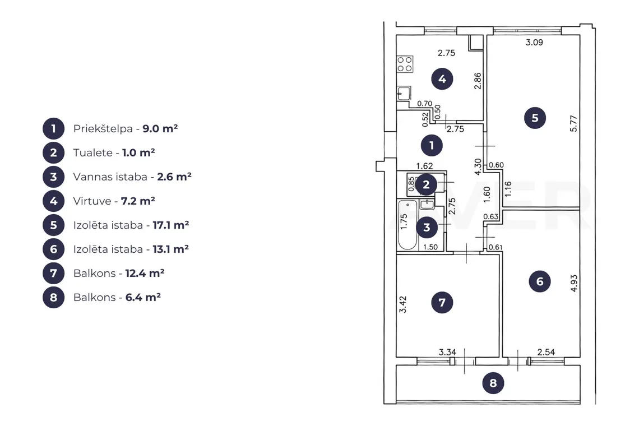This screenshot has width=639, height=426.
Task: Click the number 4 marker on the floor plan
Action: click(x=442, y=79)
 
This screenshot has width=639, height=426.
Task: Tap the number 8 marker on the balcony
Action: click(x=493, y=383)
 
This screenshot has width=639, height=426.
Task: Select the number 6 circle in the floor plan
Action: click(x=540, y=281)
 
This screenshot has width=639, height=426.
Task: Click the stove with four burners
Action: click(x=405, y=64)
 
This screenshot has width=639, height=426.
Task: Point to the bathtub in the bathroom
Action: click(x=408, y=225)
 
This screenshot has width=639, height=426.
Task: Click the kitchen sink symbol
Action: click(x=404, y=94)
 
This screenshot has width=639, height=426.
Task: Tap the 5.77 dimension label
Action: click(x=573, y=123)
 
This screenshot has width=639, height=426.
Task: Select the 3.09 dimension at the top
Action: click(x=534, y=42)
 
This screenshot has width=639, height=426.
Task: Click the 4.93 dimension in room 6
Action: click(x=574, y=283)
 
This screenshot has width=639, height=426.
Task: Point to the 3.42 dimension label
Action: click(x=402, y=304)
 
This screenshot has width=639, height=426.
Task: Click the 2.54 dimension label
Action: click(x=546, y=352)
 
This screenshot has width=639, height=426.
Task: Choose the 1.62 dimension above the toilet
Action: click(x=424, y=166)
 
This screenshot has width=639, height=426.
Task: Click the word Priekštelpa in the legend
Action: click(x=103, y=129)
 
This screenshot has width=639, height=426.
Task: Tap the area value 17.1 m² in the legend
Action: click(x=171, y=225)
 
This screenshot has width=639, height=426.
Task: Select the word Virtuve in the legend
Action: click(x=92, y=201)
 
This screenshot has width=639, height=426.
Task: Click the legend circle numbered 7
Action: click(x=53, y=273)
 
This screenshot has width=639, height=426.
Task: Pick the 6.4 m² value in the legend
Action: click(x=143, y=297)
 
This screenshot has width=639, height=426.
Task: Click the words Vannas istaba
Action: click(x=110, y=177)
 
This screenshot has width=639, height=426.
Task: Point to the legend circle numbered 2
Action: click(x=53, y=153)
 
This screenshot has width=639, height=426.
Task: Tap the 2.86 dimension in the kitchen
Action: click(x=478, y=81)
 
